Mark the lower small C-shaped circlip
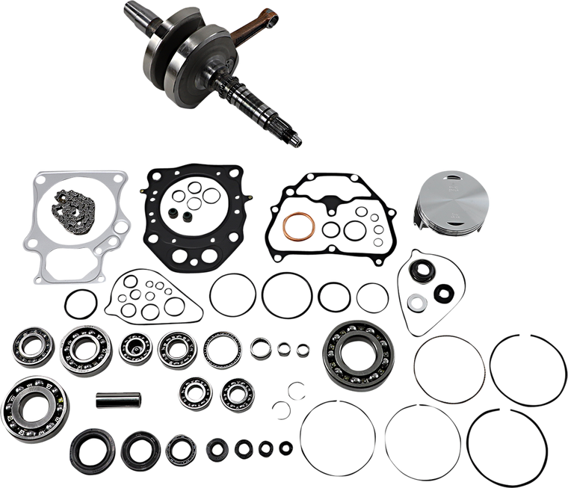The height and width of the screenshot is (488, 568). (x=282, y=407)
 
